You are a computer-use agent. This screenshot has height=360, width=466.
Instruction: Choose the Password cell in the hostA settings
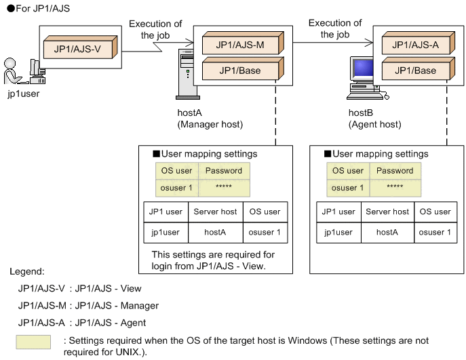pyautogui.click(x=223, y=171)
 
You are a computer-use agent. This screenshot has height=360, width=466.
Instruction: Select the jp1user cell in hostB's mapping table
pyautogui.click(x=338, y=232)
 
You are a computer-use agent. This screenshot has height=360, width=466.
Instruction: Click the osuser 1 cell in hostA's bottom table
pyautogui.click(x=264, y=232)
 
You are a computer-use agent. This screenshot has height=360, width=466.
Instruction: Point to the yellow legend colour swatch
pyautogui.click(x=33, y=342)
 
